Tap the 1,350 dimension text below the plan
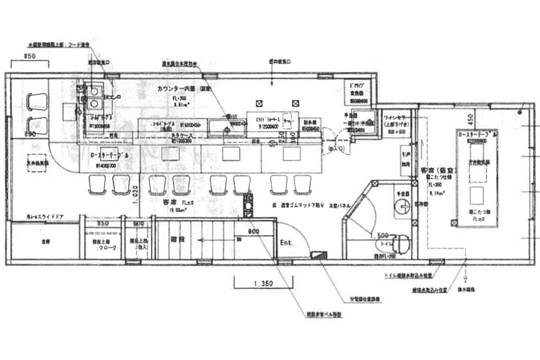point(263,283)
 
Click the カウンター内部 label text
point(177,89)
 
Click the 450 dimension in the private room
point(469,119)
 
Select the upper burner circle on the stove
point(93,90)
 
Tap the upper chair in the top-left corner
point(36,101)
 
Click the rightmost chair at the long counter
point(302,184)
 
